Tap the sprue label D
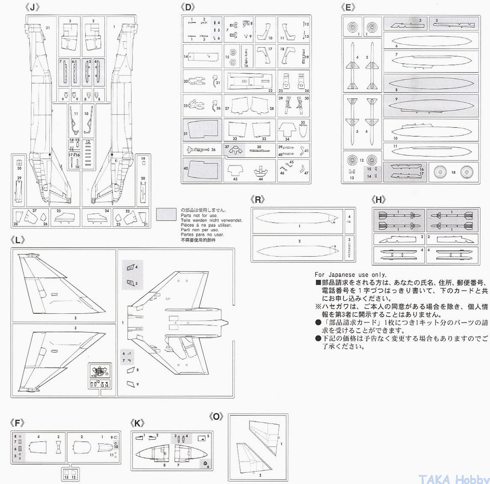(x=188, y=7)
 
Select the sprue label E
(x=348, y=7)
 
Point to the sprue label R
(x=257, y=199)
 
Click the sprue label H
(x=378, y=199)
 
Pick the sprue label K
(x=137, y=423)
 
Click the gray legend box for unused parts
(x=166, y=214)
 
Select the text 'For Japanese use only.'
(x=350, y=275)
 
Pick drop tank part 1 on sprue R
(x=297, y=220)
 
